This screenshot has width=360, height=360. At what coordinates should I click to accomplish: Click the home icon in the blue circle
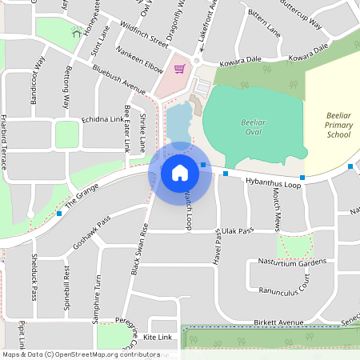point(180,172)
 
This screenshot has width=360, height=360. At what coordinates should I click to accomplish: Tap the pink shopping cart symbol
point(179,69)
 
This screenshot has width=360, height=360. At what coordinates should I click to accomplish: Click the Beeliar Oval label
point(253,128)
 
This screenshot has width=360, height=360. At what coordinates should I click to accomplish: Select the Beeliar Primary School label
point(338,125)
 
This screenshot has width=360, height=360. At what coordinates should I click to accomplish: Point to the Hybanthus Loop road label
point(272,183)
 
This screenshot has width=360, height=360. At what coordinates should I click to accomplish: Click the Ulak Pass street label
point(238,230)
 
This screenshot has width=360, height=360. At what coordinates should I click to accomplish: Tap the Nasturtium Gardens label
point(292,262)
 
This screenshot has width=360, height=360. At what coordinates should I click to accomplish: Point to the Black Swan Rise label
point(138,250)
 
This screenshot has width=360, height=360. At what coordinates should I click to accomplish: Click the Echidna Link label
point(102,119)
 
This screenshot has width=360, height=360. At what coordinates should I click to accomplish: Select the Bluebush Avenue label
point(118,82)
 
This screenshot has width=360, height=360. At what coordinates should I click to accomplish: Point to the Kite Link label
point(158,338)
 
